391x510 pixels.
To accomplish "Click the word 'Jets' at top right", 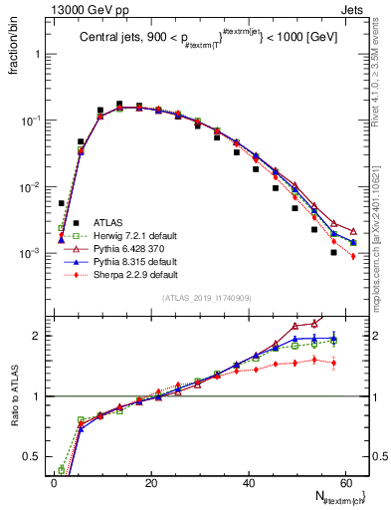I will click(x=354, y=9).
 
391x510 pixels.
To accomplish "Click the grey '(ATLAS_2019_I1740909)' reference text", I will click(x=206, y=298).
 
